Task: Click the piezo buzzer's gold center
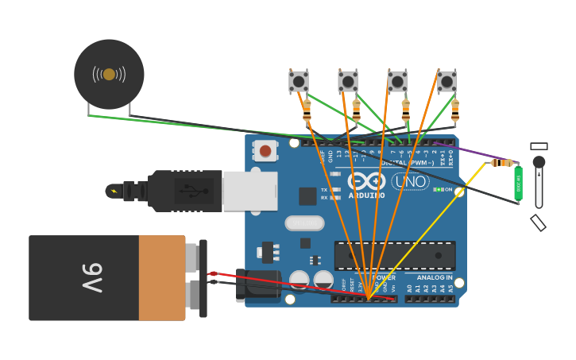(x=109, y=75)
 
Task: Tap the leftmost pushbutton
(x=299, y=81)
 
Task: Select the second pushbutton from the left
(x=348, y=81)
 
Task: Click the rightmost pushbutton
(x=447, y=81)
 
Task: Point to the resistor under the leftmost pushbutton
(x=307, y=110)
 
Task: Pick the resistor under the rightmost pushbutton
(x=455, y=110)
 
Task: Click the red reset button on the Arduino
(x=265, y=150)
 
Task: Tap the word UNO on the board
(x=411, y=182)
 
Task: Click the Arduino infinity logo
(x=366, y=181)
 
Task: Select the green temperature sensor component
(x=518, y=182)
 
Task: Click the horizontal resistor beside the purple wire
(x=501, y=163)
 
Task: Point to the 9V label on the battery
(x=93, y=278)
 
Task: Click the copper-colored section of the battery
(x=162, y=278)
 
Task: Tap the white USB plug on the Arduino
(x=249, y=191)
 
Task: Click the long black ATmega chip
(x=395, y=256)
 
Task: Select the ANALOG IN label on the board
(x=435, y=278)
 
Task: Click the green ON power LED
(x=438, y=189)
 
